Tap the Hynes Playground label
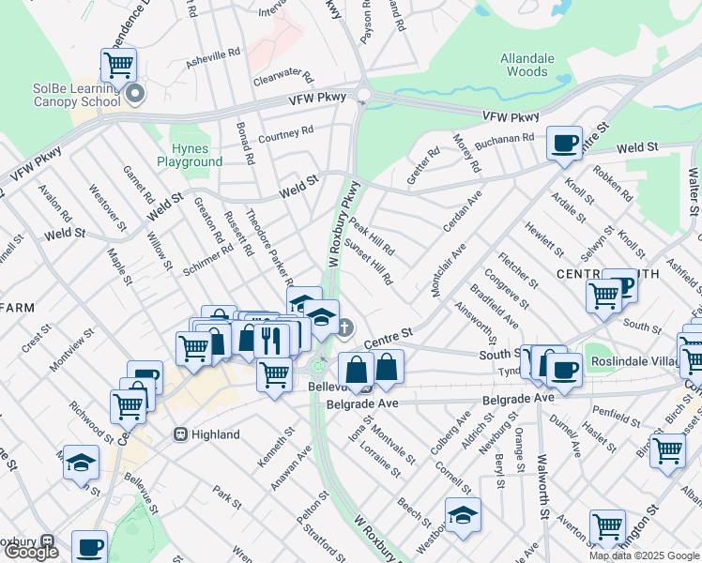point(197,155)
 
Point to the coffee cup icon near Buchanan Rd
point(564,143)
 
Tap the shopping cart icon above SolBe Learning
point(119,65)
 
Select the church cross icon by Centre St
point(345,327)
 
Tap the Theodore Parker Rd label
point(268,246)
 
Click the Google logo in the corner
point(30,552)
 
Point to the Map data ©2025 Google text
point(644,555)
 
